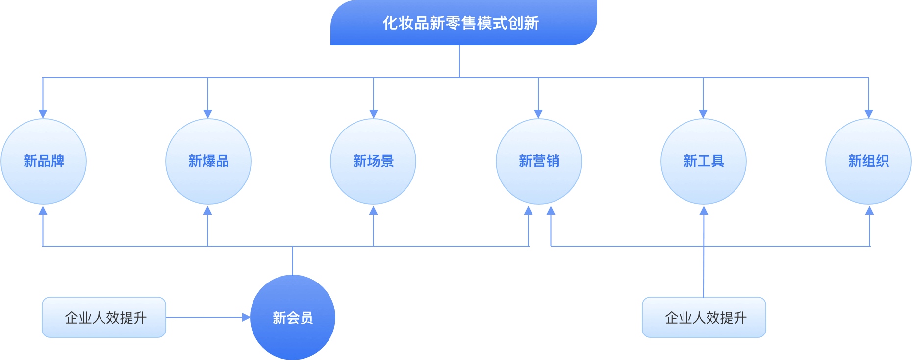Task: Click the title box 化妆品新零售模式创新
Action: tap(461, 23)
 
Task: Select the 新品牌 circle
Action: tap(44, 161)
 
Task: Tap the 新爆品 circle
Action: tap(208, 161)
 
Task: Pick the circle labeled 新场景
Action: tap(373, 161)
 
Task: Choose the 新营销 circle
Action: tap(539, 161)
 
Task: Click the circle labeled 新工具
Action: tap(704, 161)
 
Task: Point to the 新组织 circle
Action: tap(868, 161)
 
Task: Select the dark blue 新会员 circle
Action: tap(293, 317)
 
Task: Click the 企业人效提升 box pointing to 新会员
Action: tap(104, 317)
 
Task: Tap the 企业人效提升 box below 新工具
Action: tap(704, 317)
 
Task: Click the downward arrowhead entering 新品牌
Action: tap(43, 114)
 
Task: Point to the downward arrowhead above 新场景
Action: tap(374, 114)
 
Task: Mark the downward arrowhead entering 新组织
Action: tap(869, 114)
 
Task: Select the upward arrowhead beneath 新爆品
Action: tap(208, 210)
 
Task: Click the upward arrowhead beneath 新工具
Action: tap(704, 210)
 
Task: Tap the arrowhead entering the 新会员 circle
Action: tap(246, 317)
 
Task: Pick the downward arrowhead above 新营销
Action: tap(538, 114)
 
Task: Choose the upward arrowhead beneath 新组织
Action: tap(869, 210)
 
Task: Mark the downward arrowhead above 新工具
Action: tap(703, 114)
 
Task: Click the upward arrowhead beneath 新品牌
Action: tap(43, 210)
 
